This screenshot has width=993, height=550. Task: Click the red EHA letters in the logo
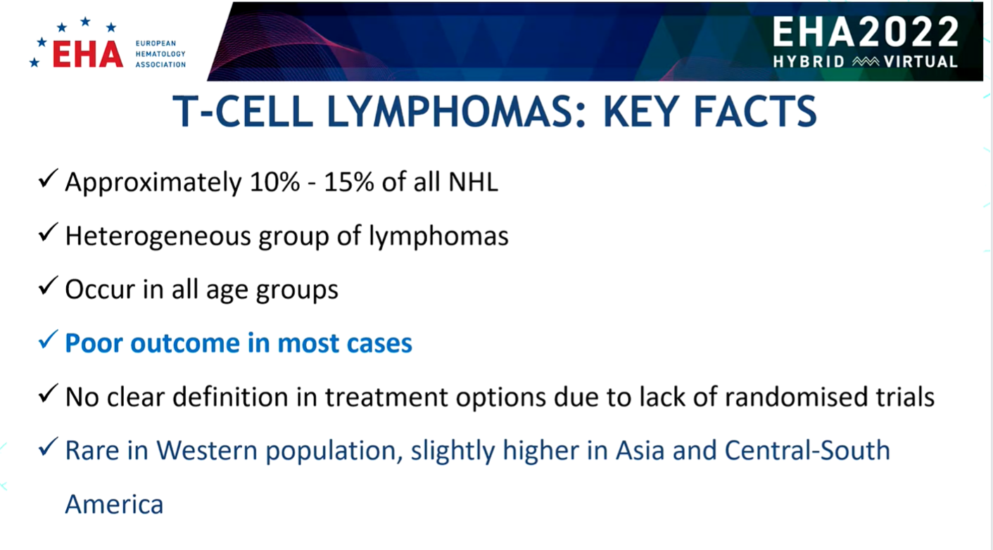tap(88, 55)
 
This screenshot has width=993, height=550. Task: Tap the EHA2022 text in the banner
tap(866, 32)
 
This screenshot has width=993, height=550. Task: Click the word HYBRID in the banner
tap(809, 62)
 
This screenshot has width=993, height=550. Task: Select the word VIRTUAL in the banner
tap(921, 62)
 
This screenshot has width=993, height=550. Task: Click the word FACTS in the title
tap(755, 111)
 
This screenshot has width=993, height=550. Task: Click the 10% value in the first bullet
tap(275, 181)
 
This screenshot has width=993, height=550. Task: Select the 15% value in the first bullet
tap(349, 181)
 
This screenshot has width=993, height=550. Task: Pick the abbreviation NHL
tap(474, 181)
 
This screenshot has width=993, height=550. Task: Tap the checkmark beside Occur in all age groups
tap(48, 286)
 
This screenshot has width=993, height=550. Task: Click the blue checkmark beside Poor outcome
tap(48, 340)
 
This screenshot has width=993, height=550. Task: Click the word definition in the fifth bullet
tap(230, 397)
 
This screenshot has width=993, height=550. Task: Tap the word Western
tap(207, 450)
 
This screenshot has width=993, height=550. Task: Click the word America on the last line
tap(115, 504)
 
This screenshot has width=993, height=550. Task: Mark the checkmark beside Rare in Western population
tap(48, 447)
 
